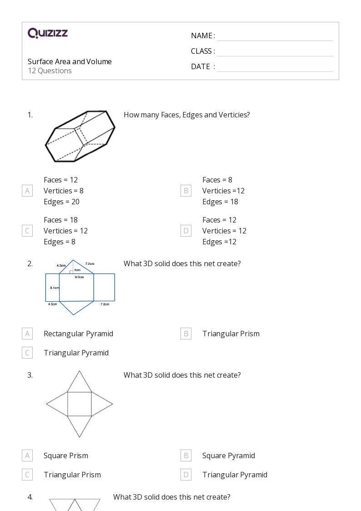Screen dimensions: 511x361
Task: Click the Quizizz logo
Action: [48, 33]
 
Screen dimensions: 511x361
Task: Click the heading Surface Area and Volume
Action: [70, 61]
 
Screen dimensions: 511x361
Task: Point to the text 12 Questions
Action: [50, 71]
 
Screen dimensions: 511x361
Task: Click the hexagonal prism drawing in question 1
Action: [80, 136]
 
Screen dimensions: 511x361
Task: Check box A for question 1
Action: [27, 191]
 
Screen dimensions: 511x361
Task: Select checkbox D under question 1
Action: [186, 231]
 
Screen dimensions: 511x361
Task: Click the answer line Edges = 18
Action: [220, 202]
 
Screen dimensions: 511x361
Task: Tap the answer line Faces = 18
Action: [60, 220]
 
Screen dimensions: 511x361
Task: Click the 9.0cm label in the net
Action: [79, 277]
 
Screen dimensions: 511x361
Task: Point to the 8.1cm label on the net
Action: [54, 288]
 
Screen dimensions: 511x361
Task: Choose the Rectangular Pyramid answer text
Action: [78, 334]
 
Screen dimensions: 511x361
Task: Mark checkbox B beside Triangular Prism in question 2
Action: [186, 334]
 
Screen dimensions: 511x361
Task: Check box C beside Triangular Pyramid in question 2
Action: [27, 353]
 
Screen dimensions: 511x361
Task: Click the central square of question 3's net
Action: [80, 404]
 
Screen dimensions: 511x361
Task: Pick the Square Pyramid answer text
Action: [228, 455]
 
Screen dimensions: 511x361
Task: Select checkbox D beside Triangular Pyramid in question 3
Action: [186, 475]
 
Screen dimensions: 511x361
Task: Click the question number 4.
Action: [30, 497]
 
